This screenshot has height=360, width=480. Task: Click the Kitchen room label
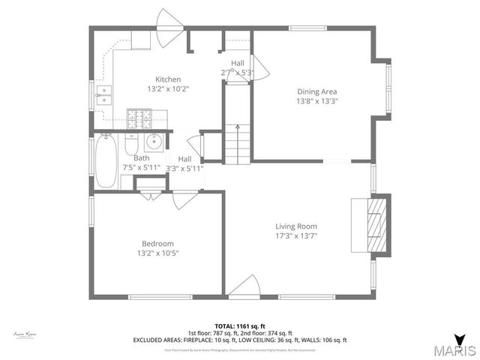pos(168,79)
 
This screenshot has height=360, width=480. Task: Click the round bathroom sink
pos(155,141)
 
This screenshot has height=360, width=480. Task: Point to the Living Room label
pos(295,226)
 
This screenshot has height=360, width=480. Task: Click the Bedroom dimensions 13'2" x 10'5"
pos(157,253)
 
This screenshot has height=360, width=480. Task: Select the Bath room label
pos(141,158)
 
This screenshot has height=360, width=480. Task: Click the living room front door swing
pos(242,286)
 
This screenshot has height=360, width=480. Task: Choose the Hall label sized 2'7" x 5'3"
pos(238,63)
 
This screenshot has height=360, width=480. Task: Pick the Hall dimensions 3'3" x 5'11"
pos(184,169)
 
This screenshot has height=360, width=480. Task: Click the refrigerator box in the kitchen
pos(141,39)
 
